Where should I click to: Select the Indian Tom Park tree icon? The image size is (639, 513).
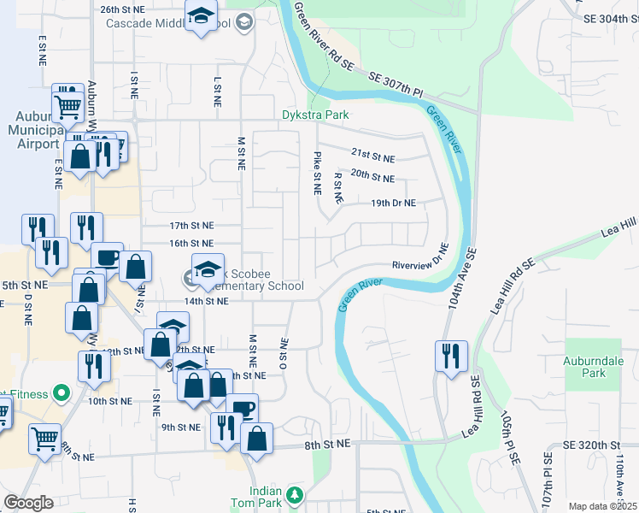click(295, 494)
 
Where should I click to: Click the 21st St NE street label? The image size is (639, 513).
click(372, 158)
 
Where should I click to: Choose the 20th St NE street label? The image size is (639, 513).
click(372, 179)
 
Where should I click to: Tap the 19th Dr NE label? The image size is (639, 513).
click(393, 203)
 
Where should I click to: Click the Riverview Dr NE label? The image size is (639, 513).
click(420, 258)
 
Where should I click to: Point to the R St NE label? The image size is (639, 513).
click(338, 187)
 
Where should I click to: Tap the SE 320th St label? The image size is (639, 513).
click(591, 445)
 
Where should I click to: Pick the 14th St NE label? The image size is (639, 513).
click(207, 301)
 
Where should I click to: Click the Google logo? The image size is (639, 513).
click(28, 503)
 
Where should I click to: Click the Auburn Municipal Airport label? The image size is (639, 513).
click(35, 128)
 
